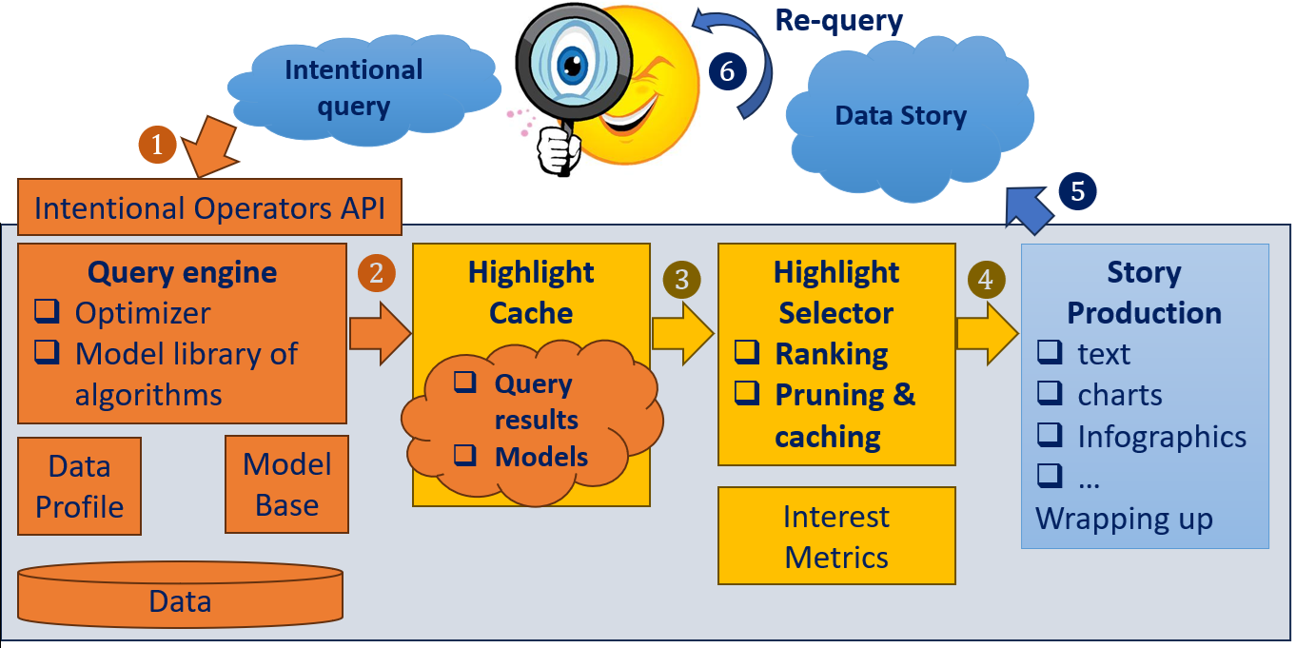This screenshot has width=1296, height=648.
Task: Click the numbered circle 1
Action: click(158, 145)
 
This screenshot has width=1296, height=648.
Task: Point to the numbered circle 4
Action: click(985, 280)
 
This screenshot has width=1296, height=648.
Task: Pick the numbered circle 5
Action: click(1077, 191)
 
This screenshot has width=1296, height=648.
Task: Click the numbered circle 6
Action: click(728, 70)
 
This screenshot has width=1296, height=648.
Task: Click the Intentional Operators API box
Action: click(209, 207)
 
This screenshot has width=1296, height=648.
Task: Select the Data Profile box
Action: click(80, 486)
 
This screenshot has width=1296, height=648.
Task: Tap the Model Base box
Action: click(286, 484)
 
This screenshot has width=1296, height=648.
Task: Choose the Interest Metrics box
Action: click(836, 536)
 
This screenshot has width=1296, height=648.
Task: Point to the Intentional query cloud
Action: click(354, 88)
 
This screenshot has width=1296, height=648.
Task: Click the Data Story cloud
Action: click(900, 117)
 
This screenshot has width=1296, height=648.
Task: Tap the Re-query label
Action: click(838, 20)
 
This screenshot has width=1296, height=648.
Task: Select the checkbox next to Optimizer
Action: click(46, 311)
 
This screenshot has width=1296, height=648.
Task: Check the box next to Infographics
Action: click(1049, 435)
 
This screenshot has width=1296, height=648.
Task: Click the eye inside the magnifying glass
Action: click(573, 65)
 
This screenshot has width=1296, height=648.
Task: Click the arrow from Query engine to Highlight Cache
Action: click(379, 332)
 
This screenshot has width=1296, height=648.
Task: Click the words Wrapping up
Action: click(1124, 519)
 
